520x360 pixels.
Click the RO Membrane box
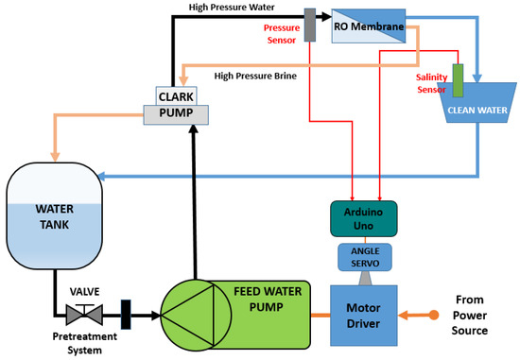click(x=367, y=27)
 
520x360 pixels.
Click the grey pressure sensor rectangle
click(x=310, y=26)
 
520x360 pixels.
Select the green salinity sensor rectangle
click(x=459, y=78)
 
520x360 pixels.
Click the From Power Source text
click(x=477, y=313)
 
